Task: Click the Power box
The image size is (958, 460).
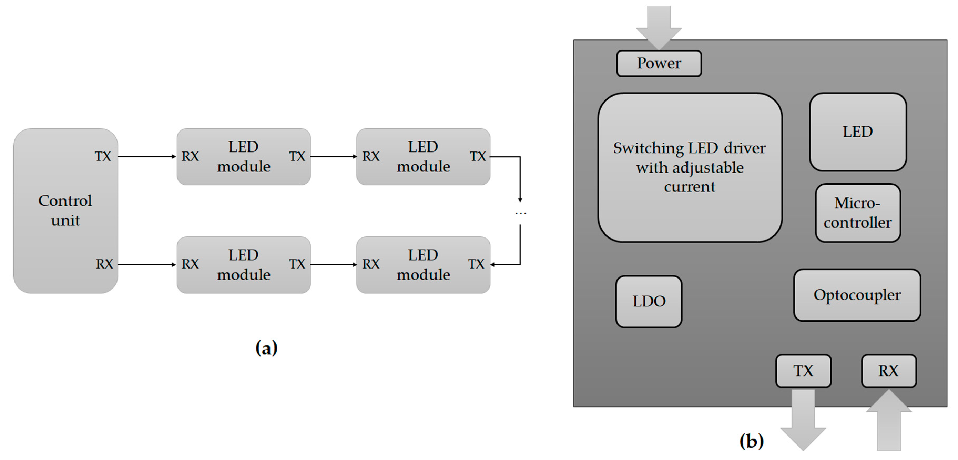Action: point(659,64)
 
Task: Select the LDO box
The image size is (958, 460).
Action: point(649,301)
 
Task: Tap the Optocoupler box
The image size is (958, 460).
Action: point(857,295)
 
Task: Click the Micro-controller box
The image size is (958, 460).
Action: point(858,213)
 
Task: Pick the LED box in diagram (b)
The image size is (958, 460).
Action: point(858,132)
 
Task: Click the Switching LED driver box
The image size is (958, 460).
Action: point(690,168)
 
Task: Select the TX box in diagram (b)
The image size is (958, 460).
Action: point(803,371)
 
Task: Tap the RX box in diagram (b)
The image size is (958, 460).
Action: point(888,371)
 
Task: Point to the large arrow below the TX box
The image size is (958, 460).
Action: point(803,421)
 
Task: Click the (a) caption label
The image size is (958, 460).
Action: point(266,348)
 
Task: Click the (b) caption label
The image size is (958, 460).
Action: point(751,441)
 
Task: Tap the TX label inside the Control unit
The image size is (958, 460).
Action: point(103,156)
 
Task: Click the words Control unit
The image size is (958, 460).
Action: point(65,211)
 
